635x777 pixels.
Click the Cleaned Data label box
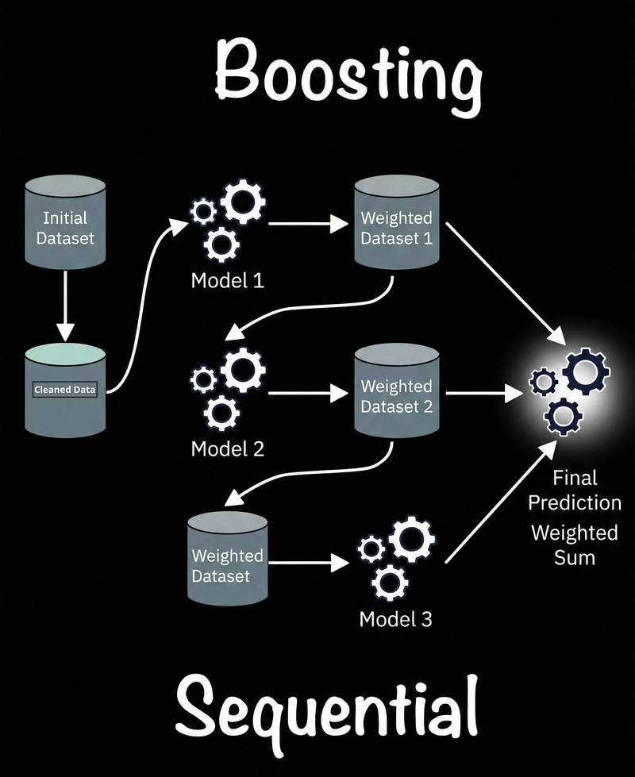(x=65, y=390)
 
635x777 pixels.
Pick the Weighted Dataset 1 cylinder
(x=396, y=225)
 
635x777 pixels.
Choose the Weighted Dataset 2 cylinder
(x=396, y=394)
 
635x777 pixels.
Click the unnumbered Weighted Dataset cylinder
(x=228, y=560)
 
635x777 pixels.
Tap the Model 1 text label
(x=228, y=281)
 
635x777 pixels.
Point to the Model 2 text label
(x=228, y=448)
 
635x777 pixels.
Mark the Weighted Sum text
(x=575, y=544)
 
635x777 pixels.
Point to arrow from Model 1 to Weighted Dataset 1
(x=306, y=225)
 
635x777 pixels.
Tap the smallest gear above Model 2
(x=203, y=379)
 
